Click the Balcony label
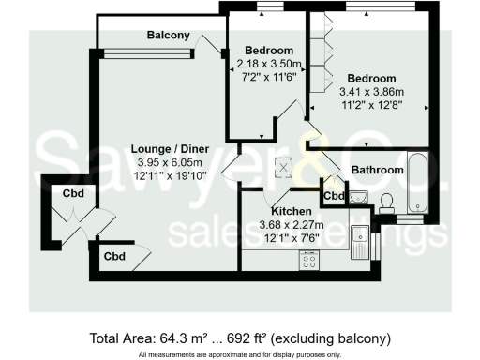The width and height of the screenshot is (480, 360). click(x=169, y=36)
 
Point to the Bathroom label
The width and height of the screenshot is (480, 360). click(x=378, y=170)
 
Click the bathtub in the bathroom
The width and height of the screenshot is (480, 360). click(x=420, y=184)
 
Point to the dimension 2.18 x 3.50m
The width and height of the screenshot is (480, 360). click(x=269, y=63)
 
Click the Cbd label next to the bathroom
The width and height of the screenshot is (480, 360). click(x=332, y=195)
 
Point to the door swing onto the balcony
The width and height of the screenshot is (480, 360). click(x=211, y=42)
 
